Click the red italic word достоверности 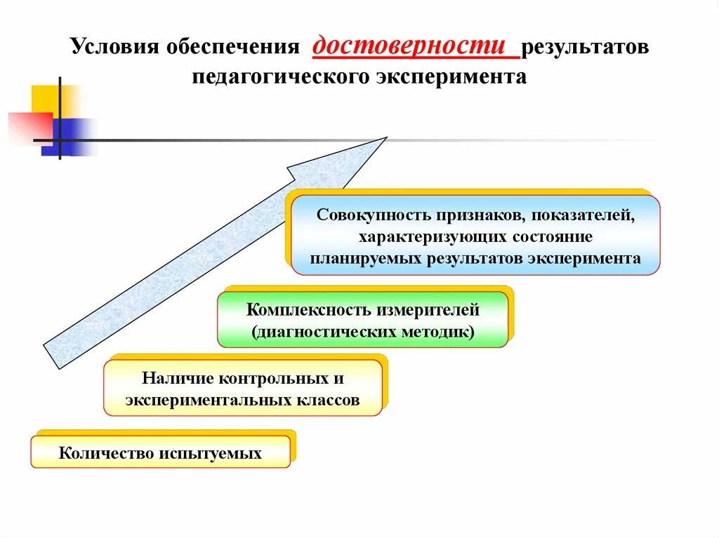[x=409, y=46]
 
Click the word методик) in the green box [x=444, y=330]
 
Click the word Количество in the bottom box [x=105, y=453]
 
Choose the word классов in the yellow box [x=329, y=401]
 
